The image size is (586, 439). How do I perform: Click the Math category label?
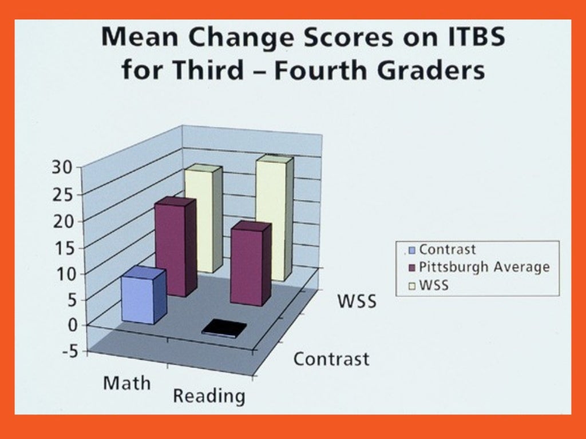126,382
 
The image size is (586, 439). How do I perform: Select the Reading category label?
209,395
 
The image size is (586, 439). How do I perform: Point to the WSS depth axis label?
357,301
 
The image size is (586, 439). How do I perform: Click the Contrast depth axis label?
331,359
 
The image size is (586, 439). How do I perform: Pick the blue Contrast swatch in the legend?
411,250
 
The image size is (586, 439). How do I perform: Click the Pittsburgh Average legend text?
484,267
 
